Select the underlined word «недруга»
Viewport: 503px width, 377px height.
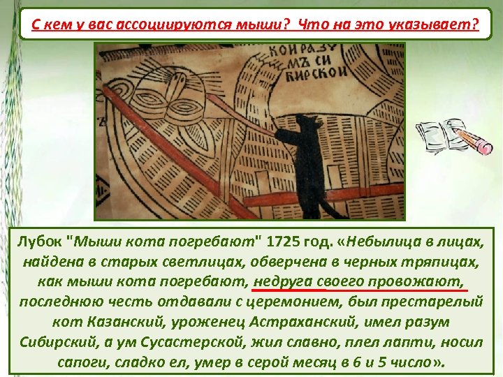click(285, 282)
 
